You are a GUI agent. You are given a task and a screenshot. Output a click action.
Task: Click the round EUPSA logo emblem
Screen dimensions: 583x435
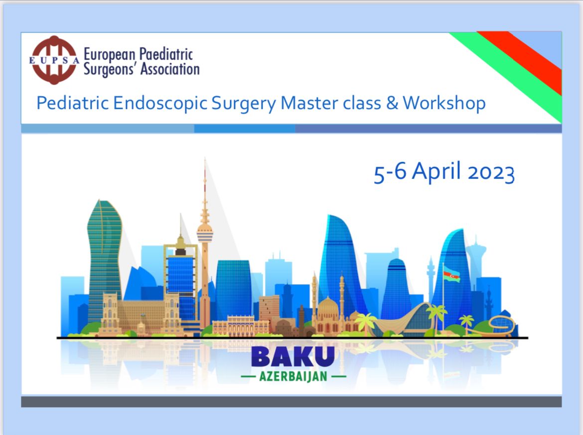pyautogui.click(x=54, y=60)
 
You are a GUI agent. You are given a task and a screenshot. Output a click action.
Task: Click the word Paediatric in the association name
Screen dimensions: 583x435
pyautogui.click(x=166, y=54)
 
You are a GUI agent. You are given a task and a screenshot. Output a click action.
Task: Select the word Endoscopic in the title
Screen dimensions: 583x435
pyautogui.click(x=160, y=103)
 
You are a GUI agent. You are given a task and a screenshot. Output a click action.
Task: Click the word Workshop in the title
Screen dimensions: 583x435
pyautogui.click(x=444, y=103)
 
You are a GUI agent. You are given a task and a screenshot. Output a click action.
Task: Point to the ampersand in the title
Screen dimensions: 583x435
pyautogui.click(x=392, y=103)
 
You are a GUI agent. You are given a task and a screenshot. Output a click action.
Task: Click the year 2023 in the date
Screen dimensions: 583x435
pyautogui.click(x=491, y=173)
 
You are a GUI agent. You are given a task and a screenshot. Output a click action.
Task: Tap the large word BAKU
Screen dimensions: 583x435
pyautogui.click(x=293, y=357)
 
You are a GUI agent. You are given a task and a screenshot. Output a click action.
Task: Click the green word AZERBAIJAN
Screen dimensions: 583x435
pyautogui.click(x=293, y=376)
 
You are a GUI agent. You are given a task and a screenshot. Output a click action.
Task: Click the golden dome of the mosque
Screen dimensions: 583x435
pyautogui.click(x=327, y=306)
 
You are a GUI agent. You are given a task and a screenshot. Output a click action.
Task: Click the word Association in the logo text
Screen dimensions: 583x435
pyautogui.click(x=170, y=70)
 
